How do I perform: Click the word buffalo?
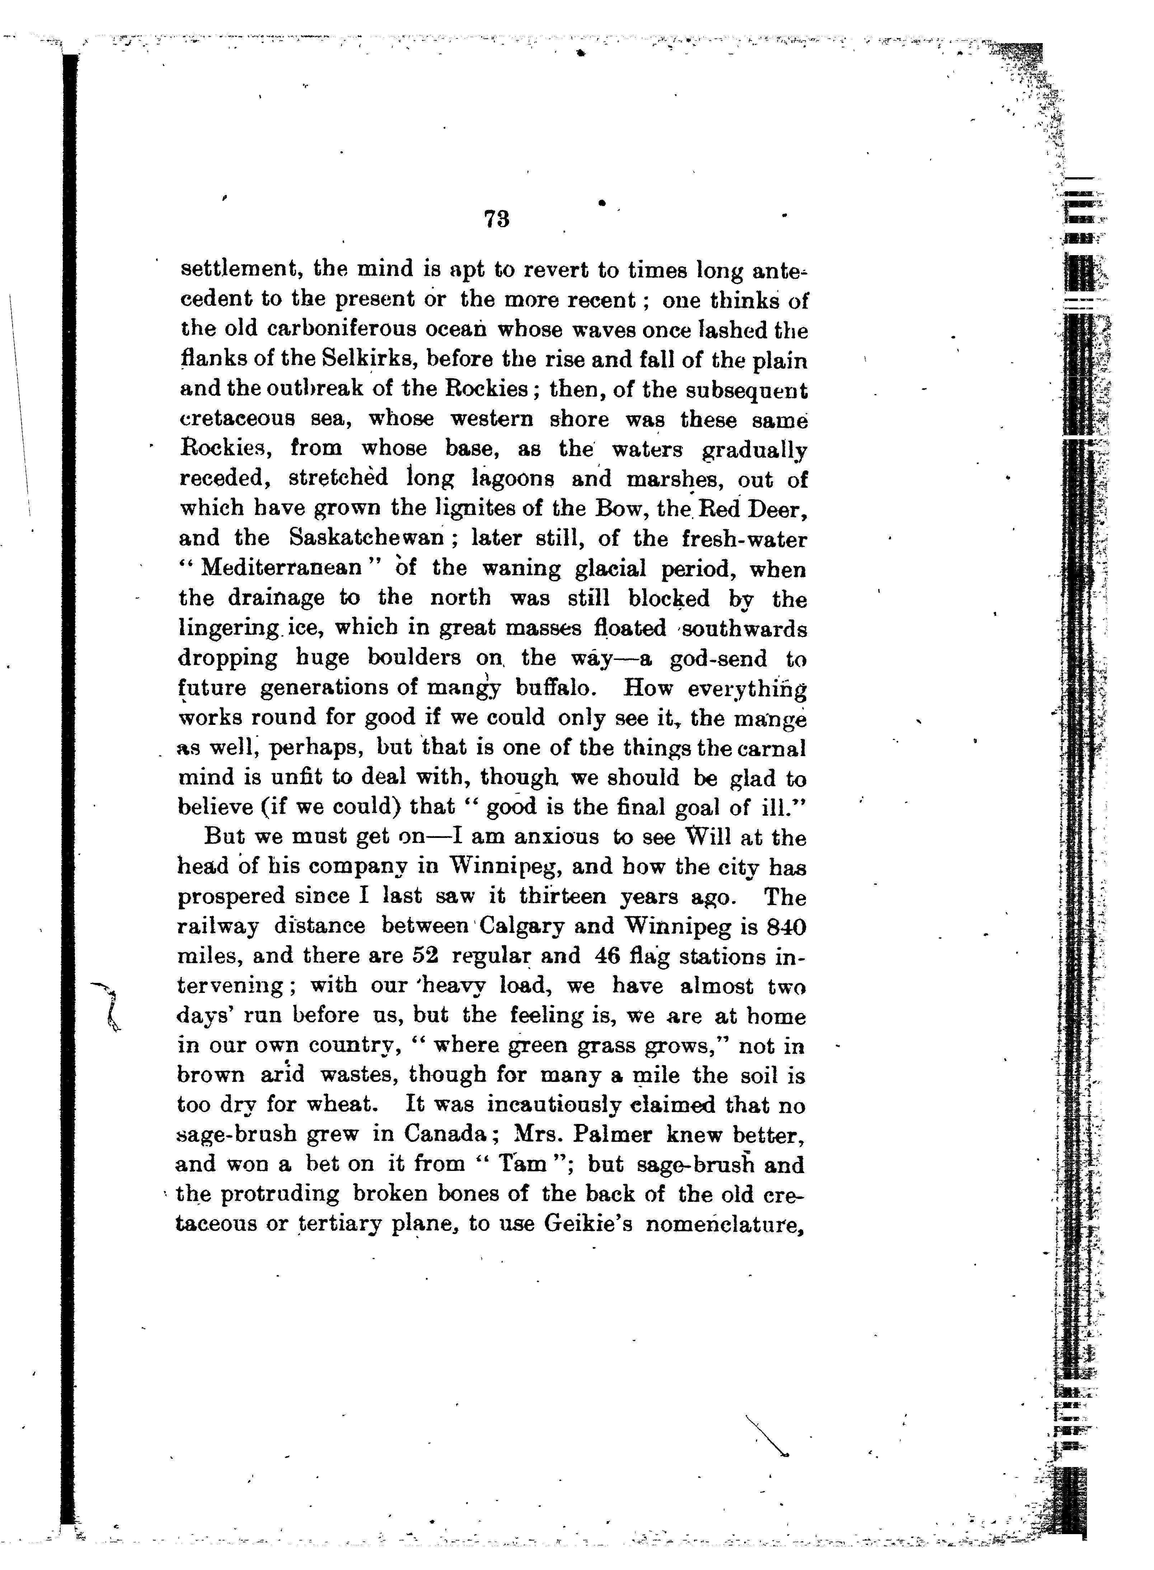(x=555, y=688)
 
